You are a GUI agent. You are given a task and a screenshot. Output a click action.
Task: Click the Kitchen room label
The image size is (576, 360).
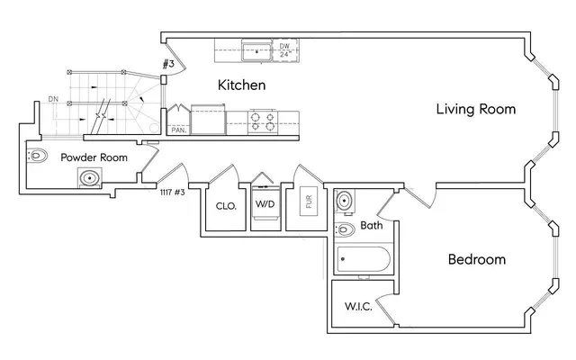tap(241, 85)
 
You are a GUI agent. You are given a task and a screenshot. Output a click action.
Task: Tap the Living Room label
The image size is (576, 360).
tap(475, 110)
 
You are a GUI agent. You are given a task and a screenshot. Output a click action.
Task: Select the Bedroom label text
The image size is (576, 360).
tap(476, 260)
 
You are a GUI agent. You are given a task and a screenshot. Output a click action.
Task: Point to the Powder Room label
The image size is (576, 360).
tap(94, 157)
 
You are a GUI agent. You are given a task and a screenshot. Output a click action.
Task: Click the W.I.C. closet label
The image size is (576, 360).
tap(358, 306)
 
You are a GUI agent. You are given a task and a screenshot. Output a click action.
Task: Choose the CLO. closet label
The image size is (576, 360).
tap(226, 205)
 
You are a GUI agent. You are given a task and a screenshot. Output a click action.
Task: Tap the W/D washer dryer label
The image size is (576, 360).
tap(265, 205)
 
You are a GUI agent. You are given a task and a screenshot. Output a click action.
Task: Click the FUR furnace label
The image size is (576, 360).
tap(310, 202)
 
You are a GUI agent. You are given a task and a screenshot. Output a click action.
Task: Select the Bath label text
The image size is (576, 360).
tap(372, 225)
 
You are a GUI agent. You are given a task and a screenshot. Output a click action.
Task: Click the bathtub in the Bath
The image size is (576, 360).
tap(364, 261)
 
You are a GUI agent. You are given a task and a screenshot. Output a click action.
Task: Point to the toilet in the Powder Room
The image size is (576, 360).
tap(38, 157)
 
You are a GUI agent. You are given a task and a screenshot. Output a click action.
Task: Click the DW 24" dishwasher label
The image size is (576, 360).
tap(283, 49)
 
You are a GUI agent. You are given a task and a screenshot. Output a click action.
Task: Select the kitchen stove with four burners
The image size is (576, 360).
tap(262, 121)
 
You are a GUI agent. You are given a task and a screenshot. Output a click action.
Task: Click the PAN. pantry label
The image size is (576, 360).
tap(178, 130)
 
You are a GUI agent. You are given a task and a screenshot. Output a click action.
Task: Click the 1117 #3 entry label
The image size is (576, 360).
tap(172, 193)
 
